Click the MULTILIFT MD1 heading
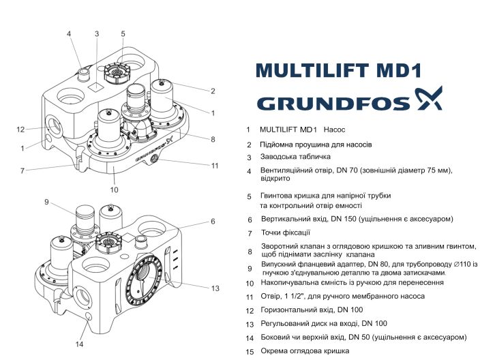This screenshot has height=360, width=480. click(339, 71)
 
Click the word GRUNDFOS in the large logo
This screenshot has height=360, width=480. click(333, 103)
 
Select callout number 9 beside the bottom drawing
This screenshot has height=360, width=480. click(47, 202)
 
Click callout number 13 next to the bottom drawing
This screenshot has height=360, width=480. click(215, 288)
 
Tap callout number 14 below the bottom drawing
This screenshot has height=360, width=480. click(78, 344)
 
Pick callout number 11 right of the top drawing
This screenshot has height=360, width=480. click(214, 165)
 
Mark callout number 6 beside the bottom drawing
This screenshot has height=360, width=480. click(213, 221)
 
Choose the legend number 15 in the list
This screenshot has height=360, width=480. click(250, 351)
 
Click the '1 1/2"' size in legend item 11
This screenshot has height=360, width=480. click(299, 296)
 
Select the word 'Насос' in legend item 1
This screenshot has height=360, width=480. click(335, 129)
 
